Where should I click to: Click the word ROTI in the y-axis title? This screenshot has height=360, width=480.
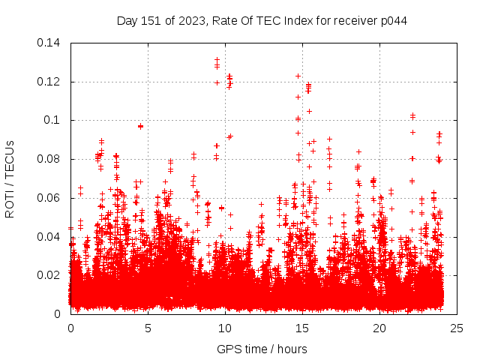10,205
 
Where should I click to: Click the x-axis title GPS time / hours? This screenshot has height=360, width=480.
262,349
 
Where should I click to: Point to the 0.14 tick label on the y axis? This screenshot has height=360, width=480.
49,43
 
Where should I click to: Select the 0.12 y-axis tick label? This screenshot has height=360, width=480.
49,81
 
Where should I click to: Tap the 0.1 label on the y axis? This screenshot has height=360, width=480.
52,120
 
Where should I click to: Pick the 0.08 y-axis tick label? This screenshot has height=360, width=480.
49,159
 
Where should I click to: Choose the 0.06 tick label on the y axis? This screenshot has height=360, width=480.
49,198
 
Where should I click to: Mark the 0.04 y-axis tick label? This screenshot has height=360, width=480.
49,237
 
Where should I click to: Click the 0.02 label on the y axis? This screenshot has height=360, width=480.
49,275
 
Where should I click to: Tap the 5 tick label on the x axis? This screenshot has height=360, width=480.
148,328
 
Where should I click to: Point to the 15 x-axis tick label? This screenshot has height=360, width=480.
302,328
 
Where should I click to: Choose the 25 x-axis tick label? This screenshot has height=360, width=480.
457,328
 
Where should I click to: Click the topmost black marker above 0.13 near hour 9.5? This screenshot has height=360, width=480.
217,59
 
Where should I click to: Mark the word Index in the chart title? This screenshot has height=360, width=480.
298,20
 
